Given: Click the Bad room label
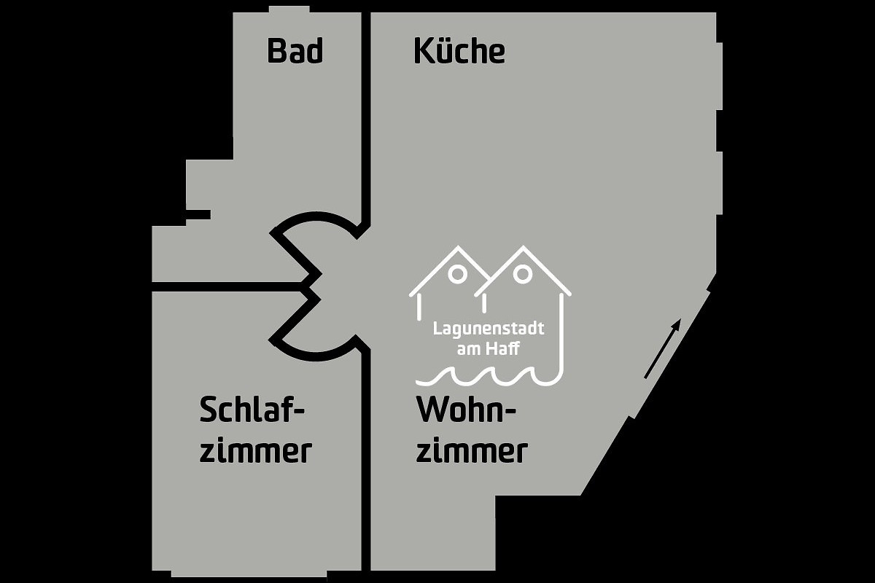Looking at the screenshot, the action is (295, 50).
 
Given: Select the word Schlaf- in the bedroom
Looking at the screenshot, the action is (252, 410).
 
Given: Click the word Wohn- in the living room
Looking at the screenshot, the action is (467, 410).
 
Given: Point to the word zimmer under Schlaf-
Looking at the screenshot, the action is (256, 452).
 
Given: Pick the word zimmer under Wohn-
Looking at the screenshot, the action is (472, 452).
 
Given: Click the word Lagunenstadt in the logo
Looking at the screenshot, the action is (489, 329).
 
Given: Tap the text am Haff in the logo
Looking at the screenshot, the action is (489, 348).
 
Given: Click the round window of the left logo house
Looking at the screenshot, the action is (457, 274).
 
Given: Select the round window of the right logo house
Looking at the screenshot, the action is (522, 274).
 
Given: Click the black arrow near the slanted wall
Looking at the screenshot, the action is (663, 348).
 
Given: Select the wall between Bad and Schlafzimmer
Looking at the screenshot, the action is (228, 286).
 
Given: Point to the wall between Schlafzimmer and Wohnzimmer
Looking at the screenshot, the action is (365, 461).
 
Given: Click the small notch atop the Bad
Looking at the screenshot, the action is (289, 9).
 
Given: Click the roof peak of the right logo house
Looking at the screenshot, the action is (523, 247).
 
